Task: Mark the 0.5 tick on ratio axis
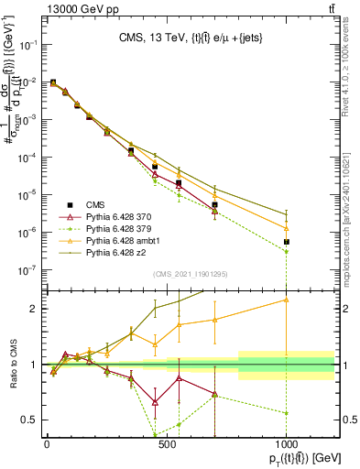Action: click(29, 420)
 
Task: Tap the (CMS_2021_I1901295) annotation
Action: click(190, 273)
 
